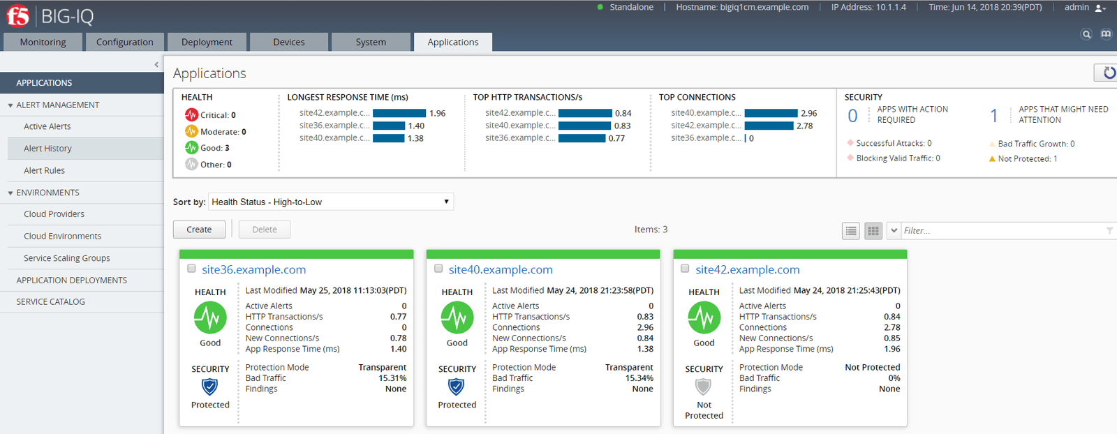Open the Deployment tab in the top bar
click(207, 42)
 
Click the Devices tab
click(288, 42)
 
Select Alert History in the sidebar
click(47, 149)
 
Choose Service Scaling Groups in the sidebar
click(67, 258)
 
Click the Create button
click(199, 230)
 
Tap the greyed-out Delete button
click(265, 230)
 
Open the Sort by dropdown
click(331, 202)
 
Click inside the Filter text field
click(1002, 230)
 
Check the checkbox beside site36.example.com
click(191, 269)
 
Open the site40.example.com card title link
click(501, 270)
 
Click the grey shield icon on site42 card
click(704, 387)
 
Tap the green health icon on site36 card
click(210, 318)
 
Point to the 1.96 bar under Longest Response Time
click(399, 113)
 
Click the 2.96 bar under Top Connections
click(771, 113)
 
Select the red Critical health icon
click(191, 115)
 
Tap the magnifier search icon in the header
click(1086, 34)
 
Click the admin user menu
click(1084, 8)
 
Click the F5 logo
click(18, 16)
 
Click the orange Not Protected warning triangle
click(992, 159)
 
